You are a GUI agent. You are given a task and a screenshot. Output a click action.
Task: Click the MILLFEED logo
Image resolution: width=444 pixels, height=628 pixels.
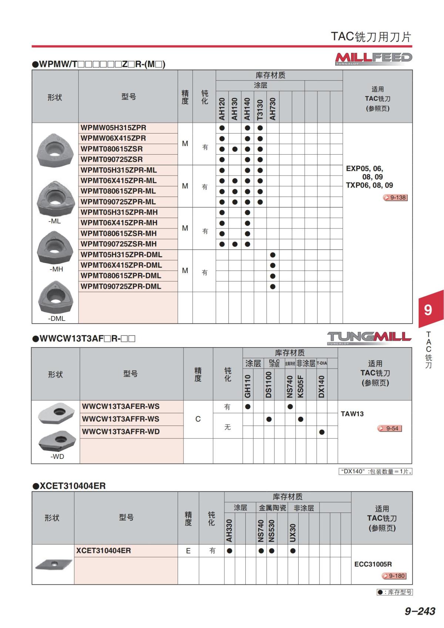pyautogui.click(x=373, y=58)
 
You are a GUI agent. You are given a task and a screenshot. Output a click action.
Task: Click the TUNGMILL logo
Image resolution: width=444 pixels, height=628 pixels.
pyautogui.click(x=369, y=337)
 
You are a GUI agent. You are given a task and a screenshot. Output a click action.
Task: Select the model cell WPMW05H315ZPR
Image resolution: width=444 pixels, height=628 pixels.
pyautogui.click(x=114, y=128)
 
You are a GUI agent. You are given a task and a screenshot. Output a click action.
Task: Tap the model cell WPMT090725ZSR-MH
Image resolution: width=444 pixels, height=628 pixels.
pyautogui.click(x=119, y=244)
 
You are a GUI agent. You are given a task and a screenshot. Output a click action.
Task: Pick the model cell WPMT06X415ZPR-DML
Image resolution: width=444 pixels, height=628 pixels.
pyautogui.click(x=121, y=265)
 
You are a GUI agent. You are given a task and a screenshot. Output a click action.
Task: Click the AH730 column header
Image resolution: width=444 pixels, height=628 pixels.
pyautogui.click(x=273, y=109)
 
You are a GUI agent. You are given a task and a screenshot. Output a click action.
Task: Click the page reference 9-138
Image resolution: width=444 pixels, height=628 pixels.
pyautogui.click(x=396, y=198)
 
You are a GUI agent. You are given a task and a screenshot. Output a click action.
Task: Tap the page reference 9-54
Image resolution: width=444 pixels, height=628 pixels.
pyautogui.click(x=390, y=429)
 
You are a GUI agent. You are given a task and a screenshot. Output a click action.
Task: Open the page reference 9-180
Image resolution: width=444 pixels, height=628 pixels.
pyautogui.click(x=394, y=576)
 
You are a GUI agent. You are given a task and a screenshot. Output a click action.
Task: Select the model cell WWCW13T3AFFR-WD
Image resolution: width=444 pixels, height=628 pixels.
pyautogui.click(x=121, y=432)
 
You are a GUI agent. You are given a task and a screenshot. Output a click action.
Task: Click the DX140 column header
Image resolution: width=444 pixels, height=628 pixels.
pyautogui.click(x=321, y=387)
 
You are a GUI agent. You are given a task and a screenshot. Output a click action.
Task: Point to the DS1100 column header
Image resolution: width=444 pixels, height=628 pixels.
pyautogui.click(x=269, y=385)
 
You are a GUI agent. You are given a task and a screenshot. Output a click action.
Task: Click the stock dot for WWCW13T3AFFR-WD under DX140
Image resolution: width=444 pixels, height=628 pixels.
pyautogui.click(x=322, y=432)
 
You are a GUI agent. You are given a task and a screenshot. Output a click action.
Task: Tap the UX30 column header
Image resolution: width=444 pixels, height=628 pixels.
pyautogui.click(x=293, y=533)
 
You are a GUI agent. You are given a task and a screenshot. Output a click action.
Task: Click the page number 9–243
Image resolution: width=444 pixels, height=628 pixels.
pyautogui.click(x=420, y=611)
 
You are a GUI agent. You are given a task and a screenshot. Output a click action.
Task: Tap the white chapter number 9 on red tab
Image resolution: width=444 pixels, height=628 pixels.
pyautogui.click(x=428, y=309)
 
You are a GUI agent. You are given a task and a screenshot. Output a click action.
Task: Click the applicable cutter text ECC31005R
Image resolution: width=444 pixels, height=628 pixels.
pyautogui.click(x=373, y=564)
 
